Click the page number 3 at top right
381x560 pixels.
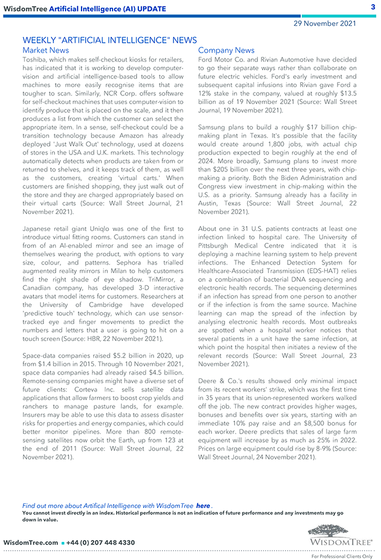coord(373,7)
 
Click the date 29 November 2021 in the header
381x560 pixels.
coord(325,23)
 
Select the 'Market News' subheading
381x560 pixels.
coord(46,50)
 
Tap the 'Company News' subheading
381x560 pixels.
coord(226,50)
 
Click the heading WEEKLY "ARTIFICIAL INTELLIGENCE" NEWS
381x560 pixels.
coord(110,40)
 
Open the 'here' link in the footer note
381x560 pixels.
coord(203,506)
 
